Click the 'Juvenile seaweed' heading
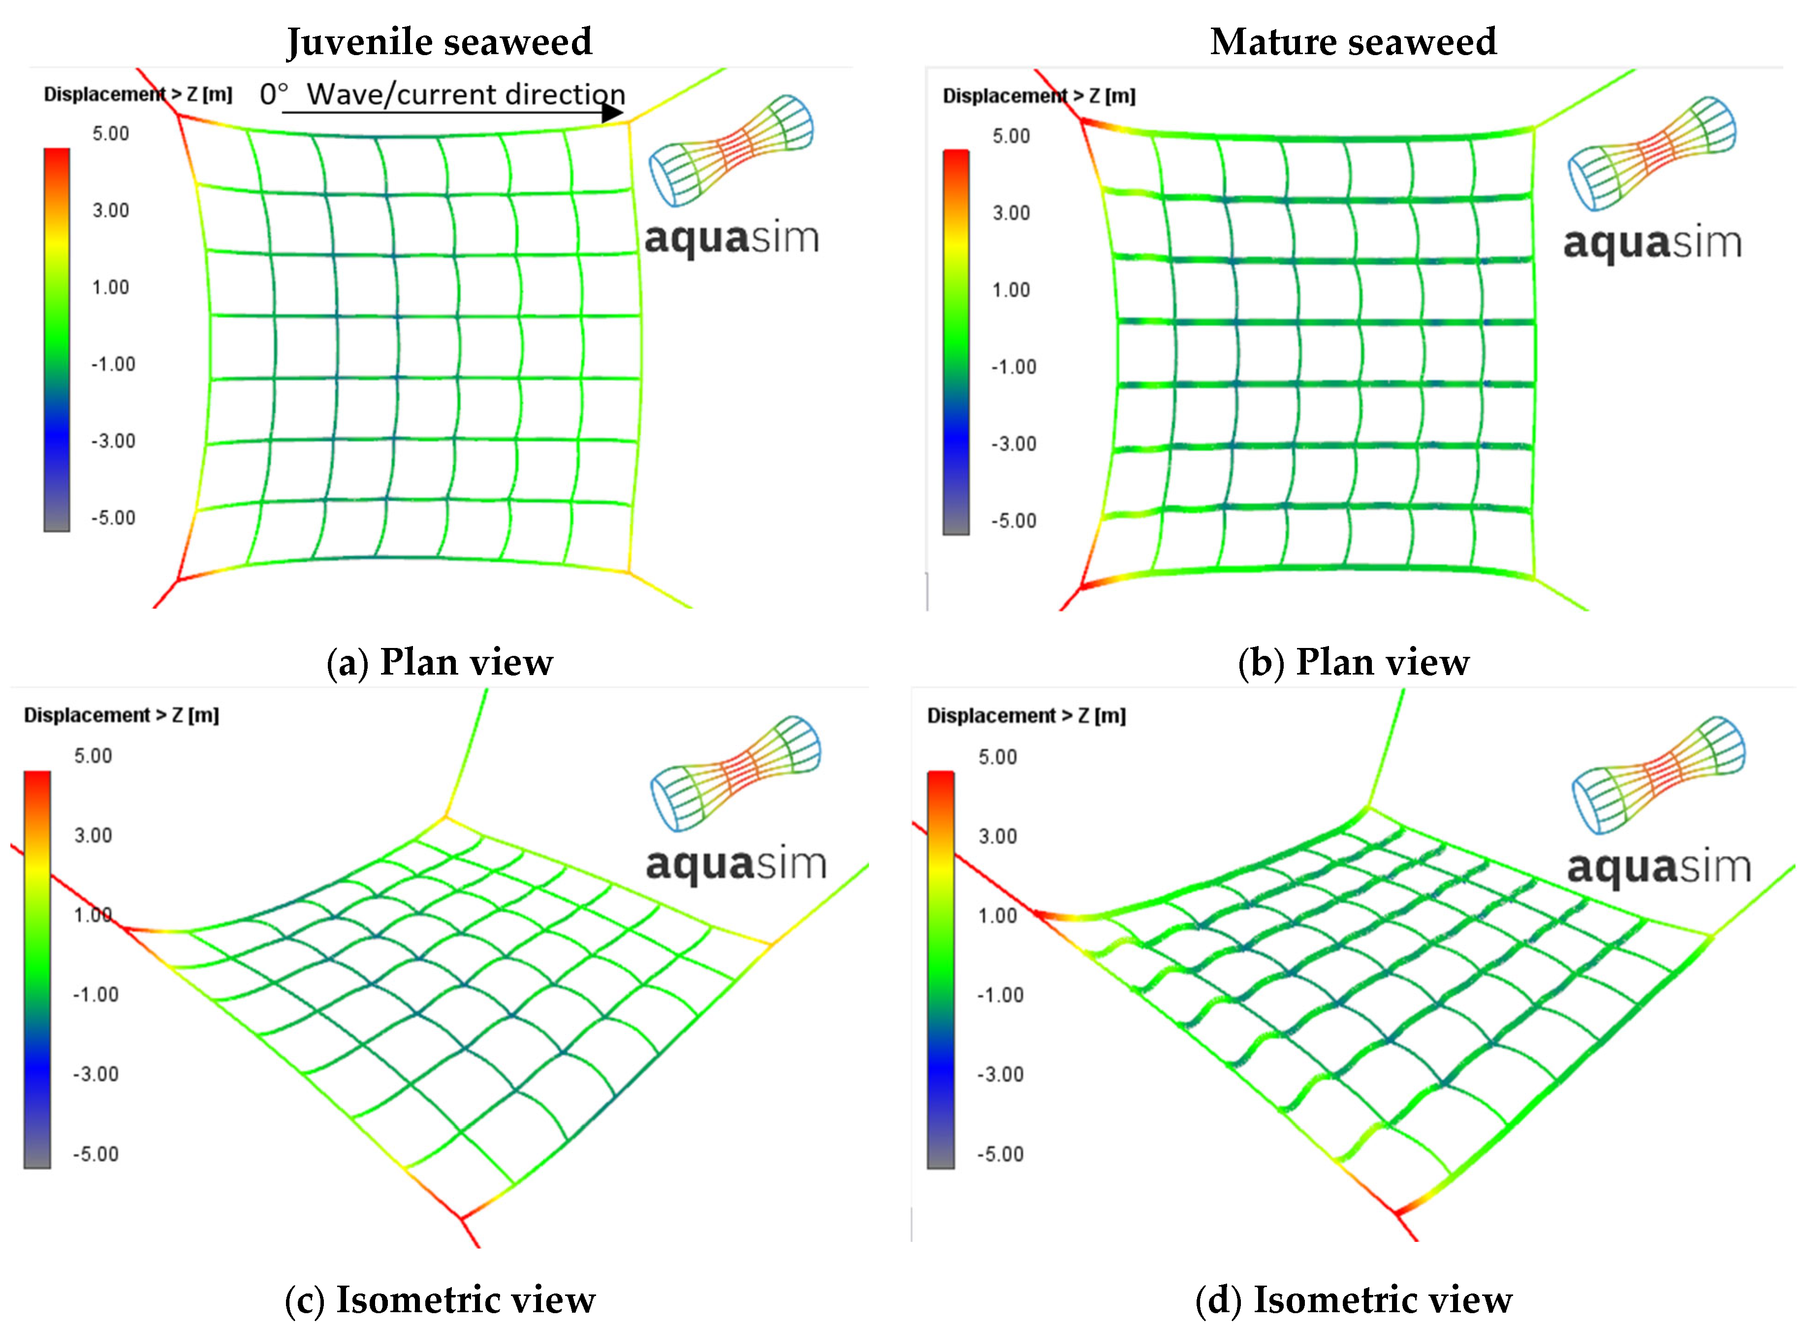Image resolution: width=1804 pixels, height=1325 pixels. tap(440, 42)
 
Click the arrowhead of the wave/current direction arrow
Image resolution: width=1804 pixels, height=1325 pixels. tap(612, 112)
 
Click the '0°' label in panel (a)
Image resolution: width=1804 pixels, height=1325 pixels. tap(273, 95)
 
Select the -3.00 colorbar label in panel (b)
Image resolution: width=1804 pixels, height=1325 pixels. tap(1013, 444)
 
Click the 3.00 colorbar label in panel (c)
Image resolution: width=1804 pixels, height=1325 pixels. tap(93, 835)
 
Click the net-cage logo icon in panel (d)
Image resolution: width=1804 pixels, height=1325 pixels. tap(1658, 774)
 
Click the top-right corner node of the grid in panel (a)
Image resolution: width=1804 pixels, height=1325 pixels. tap(629, 123)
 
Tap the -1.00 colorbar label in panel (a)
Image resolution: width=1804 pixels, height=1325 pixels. tap(112, 364)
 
